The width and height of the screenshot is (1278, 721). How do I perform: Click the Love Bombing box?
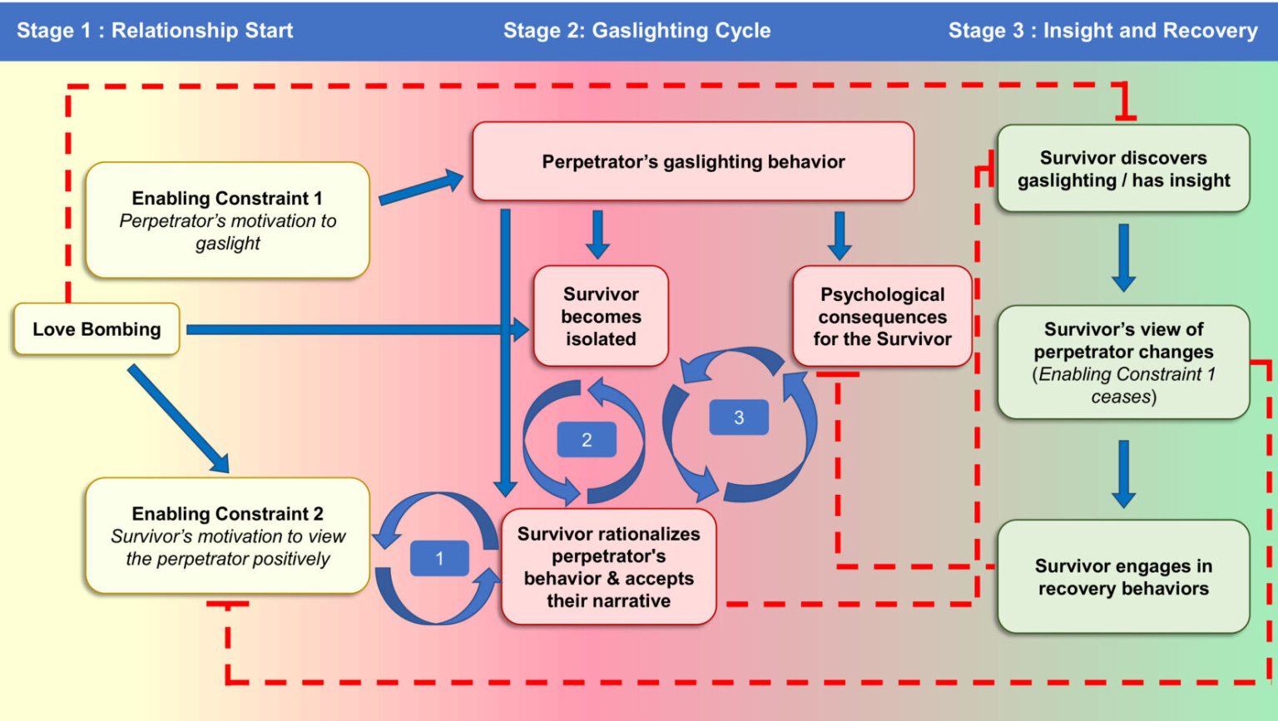pyautogui.click(x=97, y=329)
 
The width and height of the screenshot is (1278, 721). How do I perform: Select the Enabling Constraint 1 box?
pyautogui.click(x=228, y=220)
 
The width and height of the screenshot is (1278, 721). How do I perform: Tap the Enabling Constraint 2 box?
pyautogui.click(x=228, y=536)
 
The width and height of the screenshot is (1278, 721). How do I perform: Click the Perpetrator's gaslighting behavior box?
pyautogui.click(x=693, y=161)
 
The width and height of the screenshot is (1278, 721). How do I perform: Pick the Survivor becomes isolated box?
pyautogui.click(x=601, y=316)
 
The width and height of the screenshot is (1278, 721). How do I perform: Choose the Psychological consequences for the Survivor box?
pyautogui.click(x=882, y=316)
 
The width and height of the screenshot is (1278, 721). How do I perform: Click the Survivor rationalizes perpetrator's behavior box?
pyautogui.click(x=608, y=566)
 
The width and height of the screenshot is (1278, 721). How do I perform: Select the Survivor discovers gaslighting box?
pyautogui.click(x=1123, y=168)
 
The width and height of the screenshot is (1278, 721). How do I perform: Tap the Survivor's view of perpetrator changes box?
pyautogui.click(x=1123, y=363)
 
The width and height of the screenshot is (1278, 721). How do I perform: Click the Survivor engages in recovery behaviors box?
pyautogui.click(x=1123, y=576)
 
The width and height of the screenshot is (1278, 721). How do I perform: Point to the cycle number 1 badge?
pyautogui.click(x=439, y=558)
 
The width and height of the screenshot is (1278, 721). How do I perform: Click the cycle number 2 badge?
pyautogui.click(x=587, y=439)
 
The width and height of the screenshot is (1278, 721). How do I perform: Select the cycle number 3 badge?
pyautogui.click(x=739, y=417)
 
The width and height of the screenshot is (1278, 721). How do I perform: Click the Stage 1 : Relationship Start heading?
pyautogui.click(x=155, y=30)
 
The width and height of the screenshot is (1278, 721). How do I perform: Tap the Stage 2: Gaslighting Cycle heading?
pyautogui.click(x=637, y=30)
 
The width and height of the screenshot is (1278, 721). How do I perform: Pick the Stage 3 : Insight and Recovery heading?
pyautogui.click(x=1102, y=30)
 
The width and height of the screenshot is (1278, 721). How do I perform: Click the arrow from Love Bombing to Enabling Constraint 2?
pyautogui.click(x=179, y=419)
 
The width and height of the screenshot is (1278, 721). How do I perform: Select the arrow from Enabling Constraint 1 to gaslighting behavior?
pyautogui.click(x=421, y=187)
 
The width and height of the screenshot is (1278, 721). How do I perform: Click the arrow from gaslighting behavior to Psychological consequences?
pyautogui.click(x=840, y=235)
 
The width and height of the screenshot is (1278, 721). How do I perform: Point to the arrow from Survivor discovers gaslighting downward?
pyautogui.click(x=1123, y=258)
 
